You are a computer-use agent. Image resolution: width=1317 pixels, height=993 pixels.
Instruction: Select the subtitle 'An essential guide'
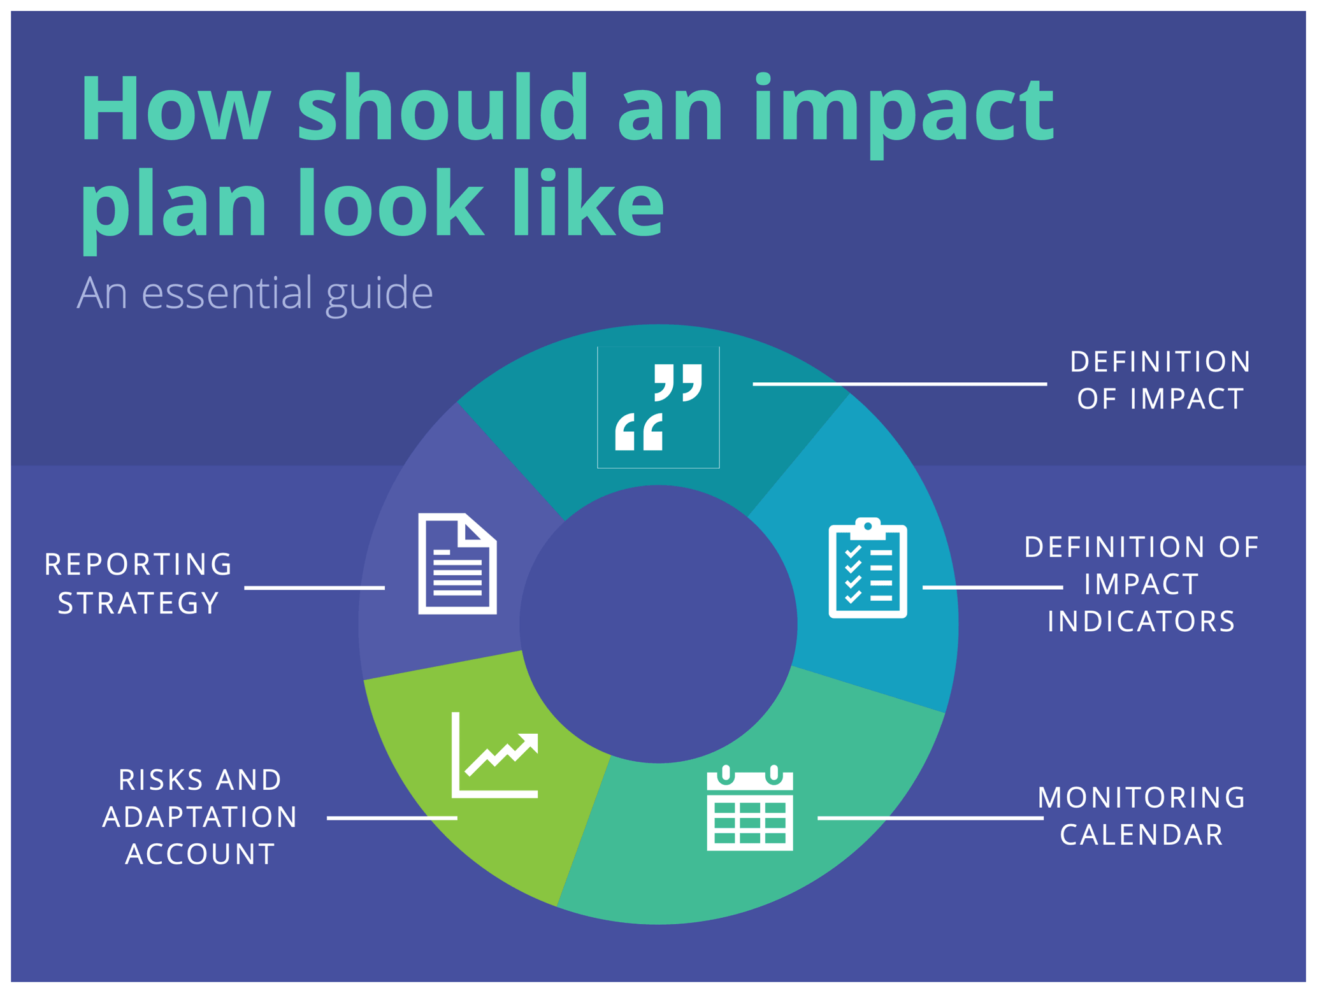(255, 294)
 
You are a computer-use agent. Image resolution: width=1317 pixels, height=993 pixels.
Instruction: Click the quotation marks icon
(658, 408)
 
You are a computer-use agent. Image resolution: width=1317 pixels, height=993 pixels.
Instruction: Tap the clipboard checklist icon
(867, 568)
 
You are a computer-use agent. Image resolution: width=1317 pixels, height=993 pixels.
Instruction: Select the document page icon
(457, 564)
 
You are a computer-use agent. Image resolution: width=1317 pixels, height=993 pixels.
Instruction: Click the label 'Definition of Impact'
(1160, 380)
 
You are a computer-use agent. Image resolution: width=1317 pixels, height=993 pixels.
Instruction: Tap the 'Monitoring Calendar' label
(1141, 816)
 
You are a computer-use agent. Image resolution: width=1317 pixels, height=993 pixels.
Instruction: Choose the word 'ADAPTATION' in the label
(200, 818)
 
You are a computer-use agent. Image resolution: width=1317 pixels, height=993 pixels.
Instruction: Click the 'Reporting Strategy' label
(138, 583)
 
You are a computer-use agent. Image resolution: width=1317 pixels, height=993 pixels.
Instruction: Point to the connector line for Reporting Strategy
(315, 588)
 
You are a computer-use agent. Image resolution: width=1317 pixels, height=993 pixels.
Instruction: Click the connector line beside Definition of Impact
(899, 384)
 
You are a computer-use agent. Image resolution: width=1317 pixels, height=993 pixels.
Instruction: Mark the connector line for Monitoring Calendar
(930, 818)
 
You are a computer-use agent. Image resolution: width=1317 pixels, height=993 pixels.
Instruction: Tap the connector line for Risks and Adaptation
(392, 818)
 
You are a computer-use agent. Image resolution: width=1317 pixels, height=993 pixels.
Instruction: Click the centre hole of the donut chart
(658, 624)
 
